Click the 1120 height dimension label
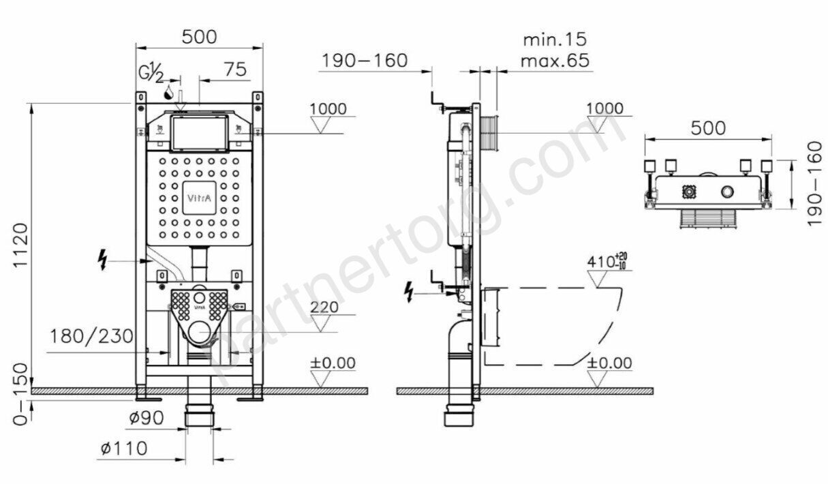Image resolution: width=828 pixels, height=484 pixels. click(x=20, y=245)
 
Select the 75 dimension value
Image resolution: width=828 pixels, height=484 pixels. click(x=235, y=69)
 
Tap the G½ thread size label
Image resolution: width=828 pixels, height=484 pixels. click(x=151, y=73)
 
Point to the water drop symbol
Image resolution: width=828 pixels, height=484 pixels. click(x=169, y=92)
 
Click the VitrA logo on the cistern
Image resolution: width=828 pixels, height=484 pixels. click(x=199, y=198)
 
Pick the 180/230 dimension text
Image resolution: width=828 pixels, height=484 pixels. click(x=91, y=336)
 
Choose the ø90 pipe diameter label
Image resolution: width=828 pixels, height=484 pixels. click(x=147, y=418)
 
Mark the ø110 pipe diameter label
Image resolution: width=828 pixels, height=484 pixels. click(x=124, y=449)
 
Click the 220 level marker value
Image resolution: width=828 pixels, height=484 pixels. click(x=324, y=307)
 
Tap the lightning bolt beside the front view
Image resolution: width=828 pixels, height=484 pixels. click(x=102, y=260)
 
